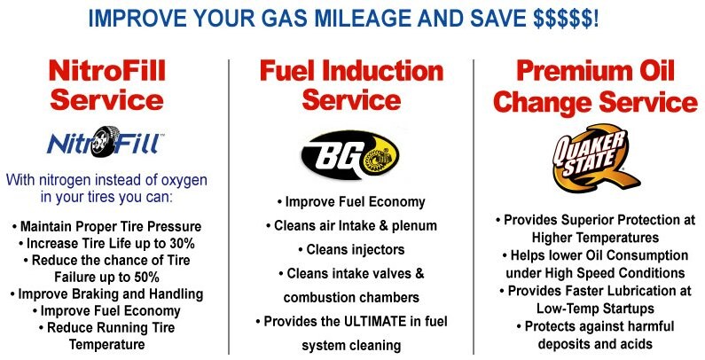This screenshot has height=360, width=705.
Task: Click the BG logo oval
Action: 349,155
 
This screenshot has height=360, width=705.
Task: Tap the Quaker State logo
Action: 594,158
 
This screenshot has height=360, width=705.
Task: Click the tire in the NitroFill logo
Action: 106,142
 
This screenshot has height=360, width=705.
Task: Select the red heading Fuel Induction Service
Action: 351,85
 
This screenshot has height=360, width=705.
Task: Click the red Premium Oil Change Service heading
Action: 595,86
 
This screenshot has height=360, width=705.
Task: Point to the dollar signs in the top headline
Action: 566,19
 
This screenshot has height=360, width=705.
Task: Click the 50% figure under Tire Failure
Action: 145,277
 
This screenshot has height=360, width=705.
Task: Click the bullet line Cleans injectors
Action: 350,250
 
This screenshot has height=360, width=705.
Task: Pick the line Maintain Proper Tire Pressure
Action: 106,227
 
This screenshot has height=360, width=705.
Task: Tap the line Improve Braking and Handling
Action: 106,294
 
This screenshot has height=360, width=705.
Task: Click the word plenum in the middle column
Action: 414,226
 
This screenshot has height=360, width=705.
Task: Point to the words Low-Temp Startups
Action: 595,309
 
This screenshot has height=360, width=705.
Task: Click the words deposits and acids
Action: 595,344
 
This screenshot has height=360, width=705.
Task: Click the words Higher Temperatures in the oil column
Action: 595,238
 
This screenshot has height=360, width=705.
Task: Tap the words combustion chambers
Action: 351,298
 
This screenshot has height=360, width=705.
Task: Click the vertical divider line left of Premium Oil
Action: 474,207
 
